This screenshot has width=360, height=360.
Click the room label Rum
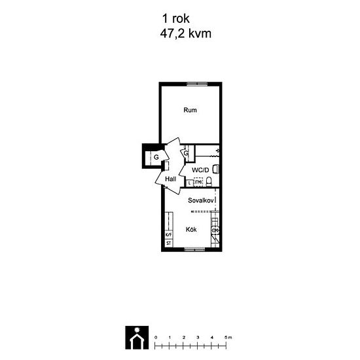pos(190,110)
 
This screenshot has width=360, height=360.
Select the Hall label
pos(171,179)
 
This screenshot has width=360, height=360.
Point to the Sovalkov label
pos(201,200)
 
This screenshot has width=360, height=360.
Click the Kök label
pos(190,230)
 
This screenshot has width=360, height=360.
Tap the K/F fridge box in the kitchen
pos(168,234)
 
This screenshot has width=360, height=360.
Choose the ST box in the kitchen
pos(168,243)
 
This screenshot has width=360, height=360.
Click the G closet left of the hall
pos(156,157)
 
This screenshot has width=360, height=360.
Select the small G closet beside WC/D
pos(186,154)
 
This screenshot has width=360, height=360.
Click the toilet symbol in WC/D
pos(215,169)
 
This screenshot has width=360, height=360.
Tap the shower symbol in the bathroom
pos(217,153)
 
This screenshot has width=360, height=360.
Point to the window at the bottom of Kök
pos(192,249)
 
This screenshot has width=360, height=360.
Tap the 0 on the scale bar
pos(156,336)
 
